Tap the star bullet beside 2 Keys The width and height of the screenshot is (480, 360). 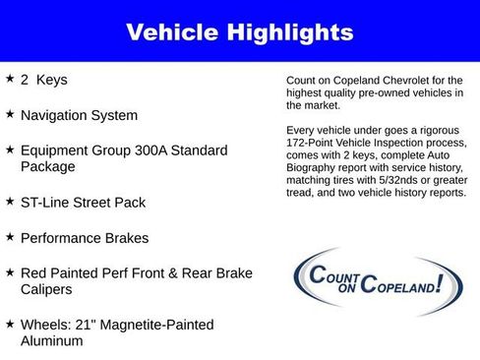[10, 77]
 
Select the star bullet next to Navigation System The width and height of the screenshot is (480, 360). [10, 113]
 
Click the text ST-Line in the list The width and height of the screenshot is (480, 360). [46, 203]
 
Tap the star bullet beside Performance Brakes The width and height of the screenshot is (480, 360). [10, 237]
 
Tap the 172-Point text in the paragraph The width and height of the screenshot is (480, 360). [309, 143]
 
